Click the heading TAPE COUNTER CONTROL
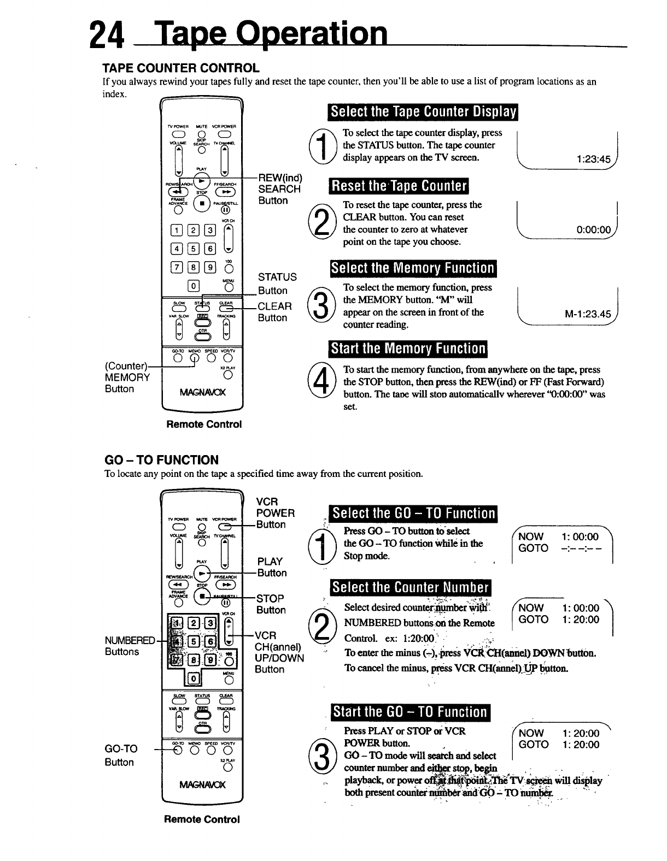181,68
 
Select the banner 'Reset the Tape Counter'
399,186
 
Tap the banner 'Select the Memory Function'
412,268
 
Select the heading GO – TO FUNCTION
161,460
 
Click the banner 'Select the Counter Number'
410,588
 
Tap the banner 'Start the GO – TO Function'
410,712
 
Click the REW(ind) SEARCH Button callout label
279,189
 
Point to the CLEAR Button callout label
274,311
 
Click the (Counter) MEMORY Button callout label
127,377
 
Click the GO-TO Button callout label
121,755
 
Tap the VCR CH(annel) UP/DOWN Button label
279,652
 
